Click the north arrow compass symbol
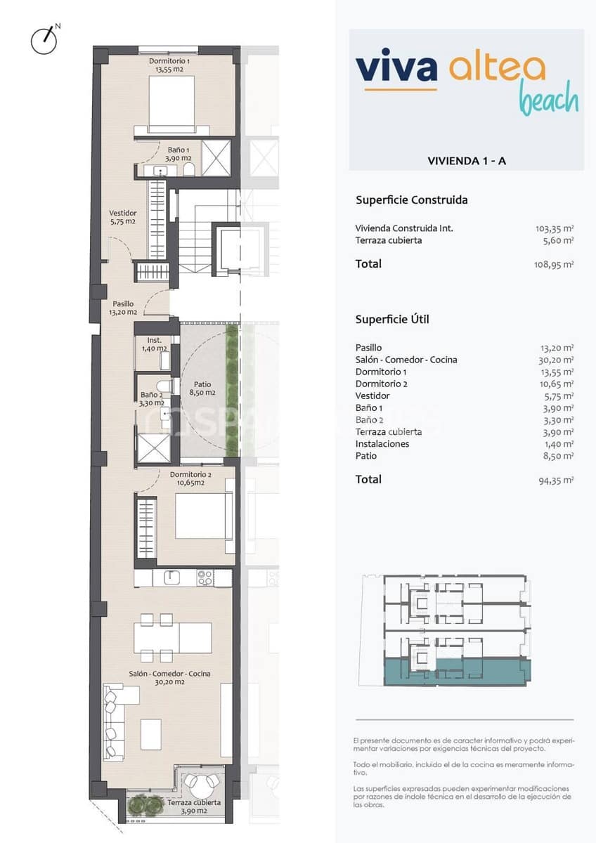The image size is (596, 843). coord(44,40)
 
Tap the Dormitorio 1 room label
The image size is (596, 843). coord(169,65)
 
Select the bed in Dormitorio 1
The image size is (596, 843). coord(171,103)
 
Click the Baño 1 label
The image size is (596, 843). coord(177,154)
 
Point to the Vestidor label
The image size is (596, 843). coord(122,216)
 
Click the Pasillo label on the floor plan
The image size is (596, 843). coord(122,308)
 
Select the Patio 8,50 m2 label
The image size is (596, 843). coord(202,388)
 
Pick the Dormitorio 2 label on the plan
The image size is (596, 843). coord(190,478)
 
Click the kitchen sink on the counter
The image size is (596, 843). coord(172,577)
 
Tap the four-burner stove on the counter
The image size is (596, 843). coord(205,577)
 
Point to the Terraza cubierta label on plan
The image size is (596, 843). coord(193,806)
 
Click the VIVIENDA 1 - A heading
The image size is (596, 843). coord(466,161)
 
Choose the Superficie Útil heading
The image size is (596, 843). coord(392,320)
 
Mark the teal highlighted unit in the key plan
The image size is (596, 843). coord(457,672)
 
